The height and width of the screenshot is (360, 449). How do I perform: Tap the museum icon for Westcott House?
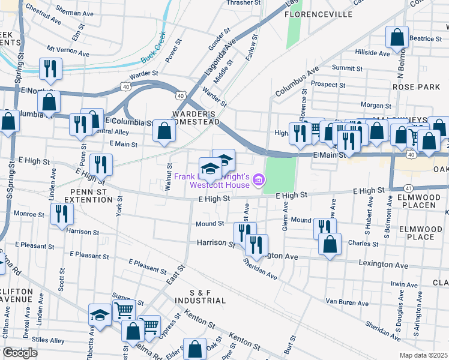coord(258,179)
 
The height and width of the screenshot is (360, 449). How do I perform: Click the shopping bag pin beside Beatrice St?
coord(397,38)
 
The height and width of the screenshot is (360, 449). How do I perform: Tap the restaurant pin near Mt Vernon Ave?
coord(50,68)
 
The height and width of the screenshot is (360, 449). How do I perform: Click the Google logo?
coord(20,353)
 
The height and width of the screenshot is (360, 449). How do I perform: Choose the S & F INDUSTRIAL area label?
coord(200,296)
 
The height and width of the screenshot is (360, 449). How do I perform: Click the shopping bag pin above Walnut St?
coord(164,131)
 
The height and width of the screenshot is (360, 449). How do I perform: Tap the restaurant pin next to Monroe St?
coord(61,214)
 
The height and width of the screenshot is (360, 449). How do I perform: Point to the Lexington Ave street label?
coord(379,263)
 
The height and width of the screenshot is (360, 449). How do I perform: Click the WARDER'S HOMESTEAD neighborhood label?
coord(193,119)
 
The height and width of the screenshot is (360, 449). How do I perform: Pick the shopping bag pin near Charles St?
coord(329,244)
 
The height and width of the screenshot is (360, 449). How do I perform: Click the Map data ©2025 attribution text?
coord(424,355)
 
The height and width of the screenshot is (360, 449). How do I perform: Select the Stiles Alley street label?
coord(49,341)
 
